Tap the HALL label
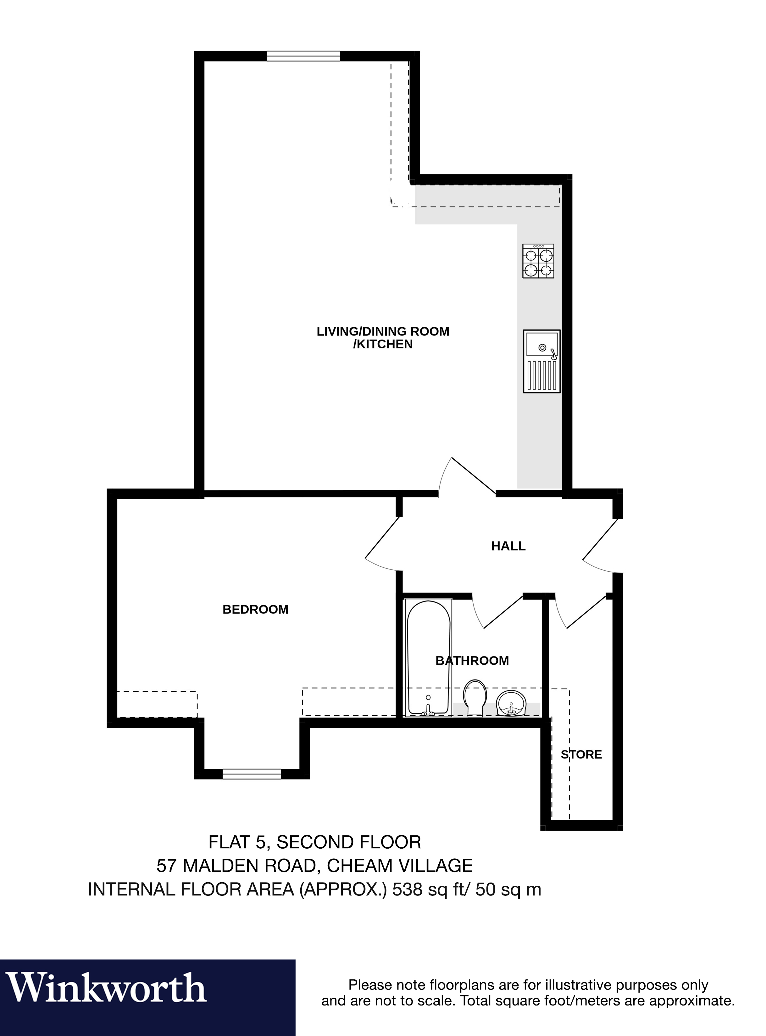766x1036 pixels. [x=508, y=546]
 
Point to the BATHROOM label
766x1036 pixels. [x=472, y=661]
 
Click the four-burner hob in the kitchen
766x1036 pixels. [x=538, y=261]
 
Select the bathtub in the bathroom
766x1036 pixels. [x=428, y=658]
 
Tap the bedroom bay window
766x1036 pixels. [x=252, y=774]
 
